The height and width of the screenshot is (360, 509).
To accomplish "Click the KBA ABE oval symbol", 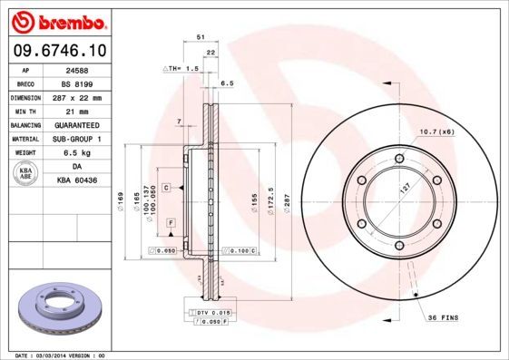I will [x=26, y=173].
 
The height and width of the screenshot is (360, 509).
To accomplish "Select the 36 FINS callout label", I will [x=445, y=317].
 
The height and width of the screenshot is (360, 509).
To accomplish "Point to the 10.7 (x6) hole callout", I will [x=437, y=133].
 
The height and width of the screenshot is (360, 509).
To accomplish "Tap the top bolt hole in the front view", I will [x=399, y=158].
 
